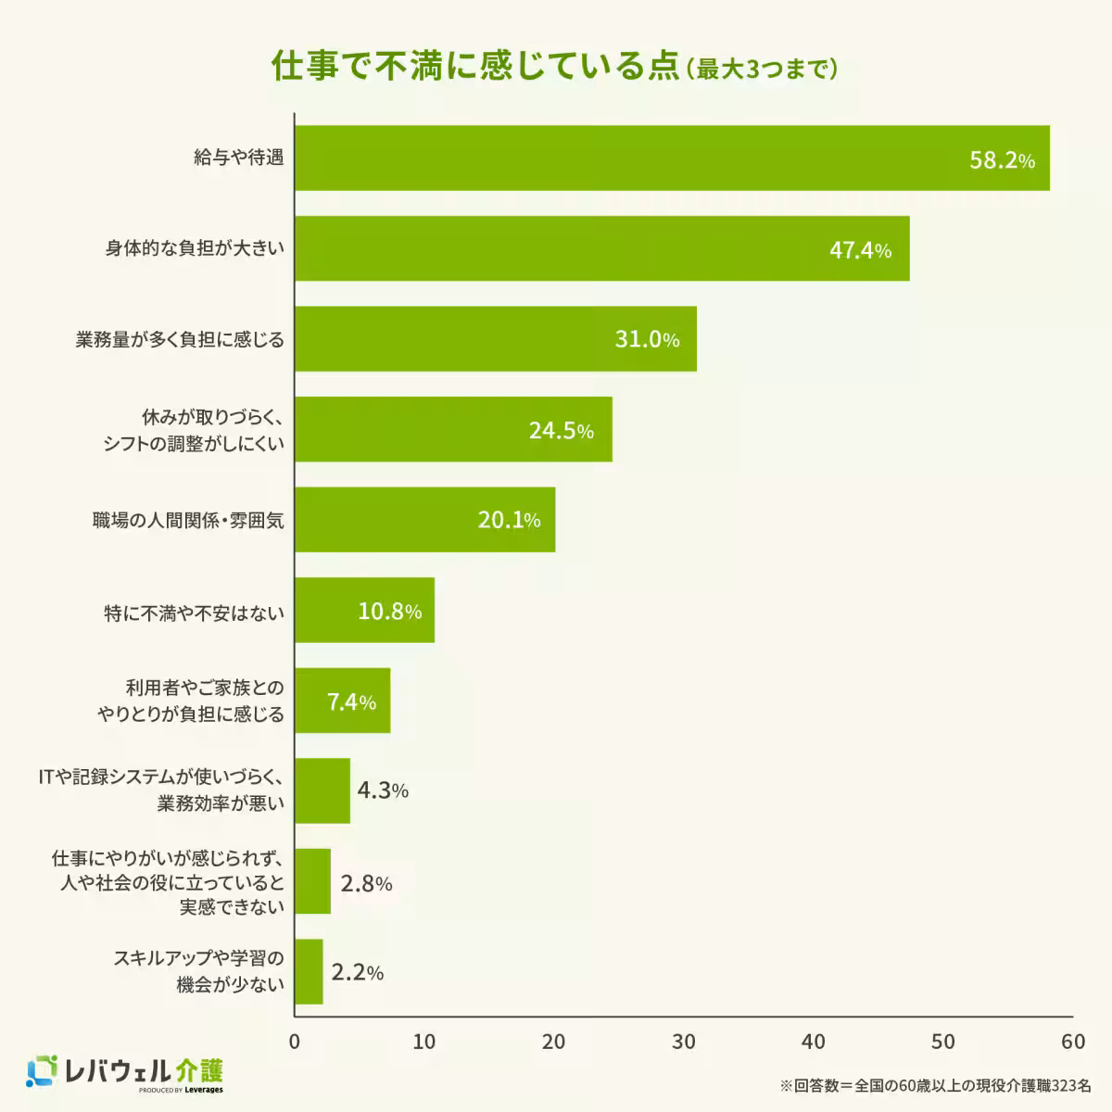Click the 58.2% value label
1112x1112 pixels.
1002,159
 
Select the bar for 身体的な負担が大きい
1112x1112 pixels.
601,248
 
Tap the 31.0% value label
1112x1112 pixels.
647,339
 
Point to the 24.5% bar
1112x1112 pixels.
453,429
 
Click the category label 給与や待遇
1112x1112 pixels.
238,158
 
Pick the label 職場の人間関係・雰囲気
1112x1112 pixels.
188,521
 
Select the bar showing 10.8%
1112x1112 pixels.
364,610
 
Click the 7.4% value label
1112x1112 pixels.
351,701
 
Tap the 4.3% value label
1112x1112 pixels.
382,790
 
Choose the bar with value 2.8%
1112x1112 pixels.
312,881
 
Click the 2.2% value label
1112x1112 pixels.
357,972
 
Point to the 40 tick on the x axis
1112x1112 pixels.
814,1042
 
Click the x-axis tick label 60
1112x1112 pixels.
1073,1042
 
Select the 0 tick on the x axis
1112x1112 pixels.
295,1042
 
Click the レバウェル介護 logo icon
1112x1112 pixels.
43,1071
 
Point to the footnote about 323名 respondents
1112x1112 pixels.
935,1084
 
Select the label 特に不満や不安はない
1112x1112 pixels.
194,613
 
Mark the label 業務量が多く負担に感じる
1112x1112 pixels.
180,339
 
